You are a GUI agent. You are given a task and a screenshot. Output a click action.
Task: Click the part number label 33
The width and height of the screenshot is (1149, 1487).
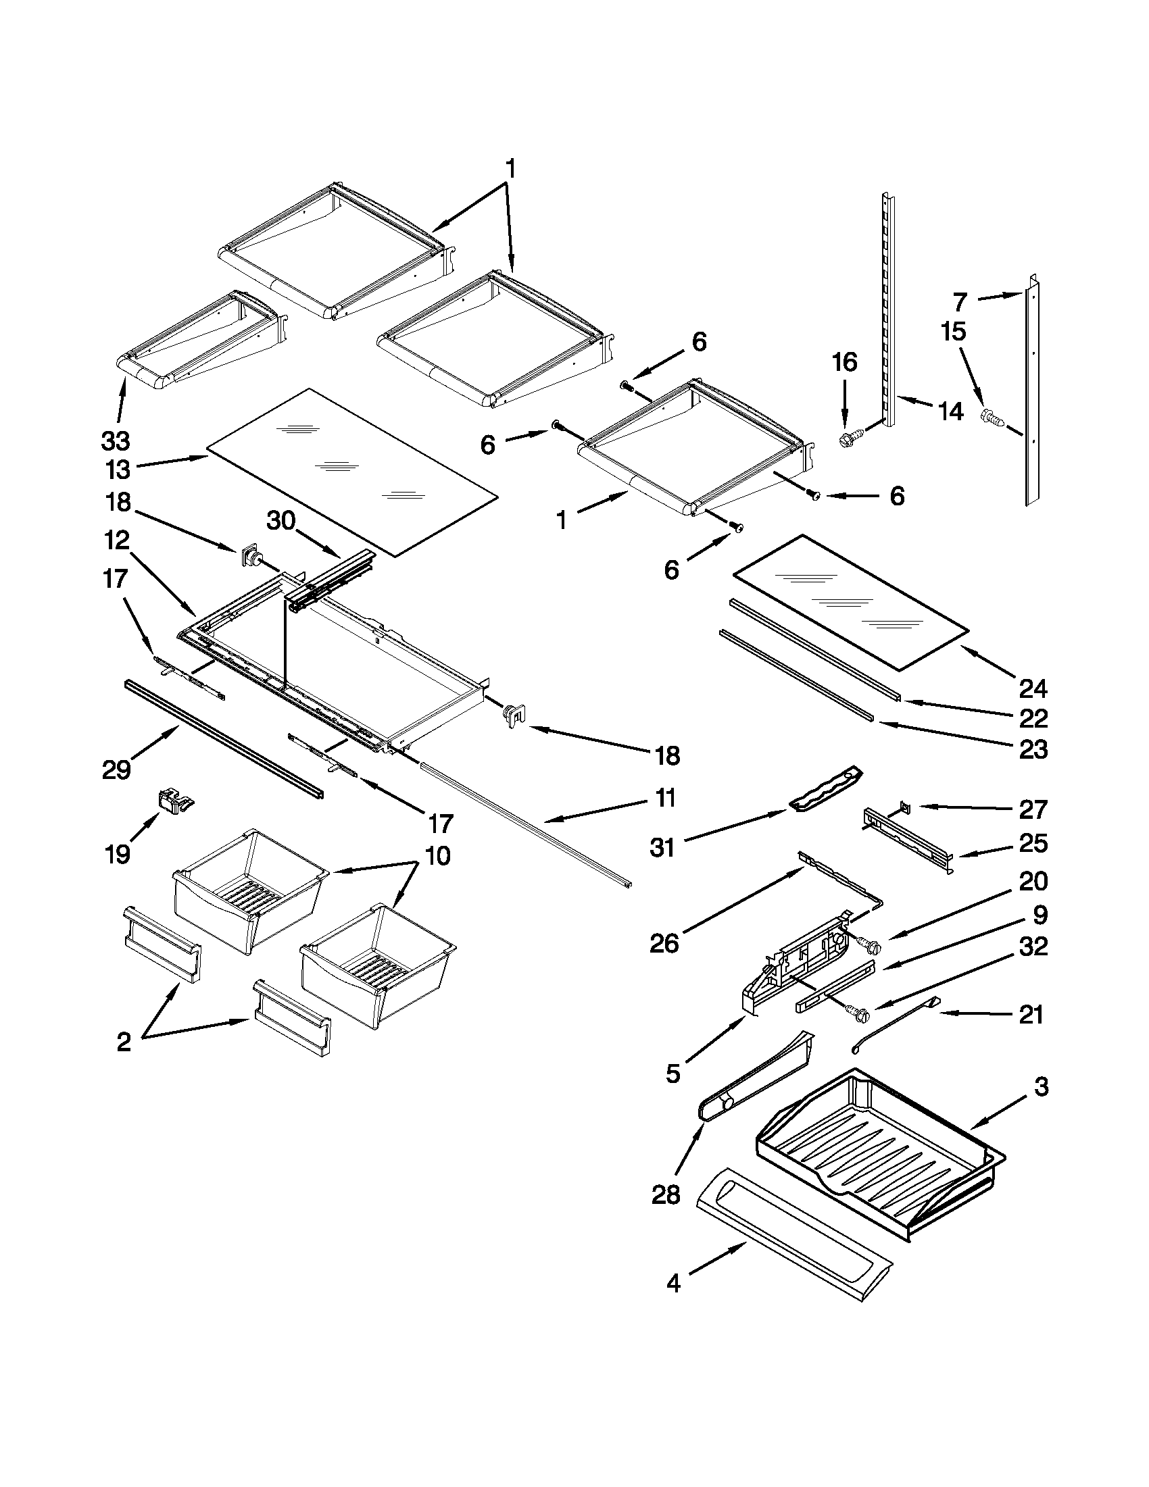click(x=116, y=440)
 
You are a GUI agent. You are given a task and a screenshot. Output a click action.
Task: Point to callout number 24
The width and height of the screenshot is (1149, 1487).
click(x=1033, y=688)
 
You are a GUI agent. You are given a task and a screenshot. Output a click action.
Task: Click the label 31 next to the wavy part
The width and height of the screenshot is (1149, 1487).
click(x=662, y=848)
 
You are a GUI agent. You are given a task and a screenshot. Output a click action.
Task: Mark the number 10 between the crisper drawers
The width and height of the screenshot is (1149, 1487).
click(x=438, y=855)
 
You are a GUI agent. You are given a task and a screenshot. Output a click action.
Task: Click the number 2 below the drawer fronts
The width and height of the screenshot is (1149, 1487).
click(x=124, y=1042)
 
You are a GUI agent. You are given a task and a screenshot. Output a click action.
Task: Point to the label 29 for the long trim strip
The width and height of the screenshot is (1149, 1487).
click(x=116, y=770)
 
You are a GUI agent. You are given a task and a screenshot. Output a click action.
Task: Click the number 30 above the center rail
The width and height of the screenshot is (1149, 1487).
click(x=281, y=522)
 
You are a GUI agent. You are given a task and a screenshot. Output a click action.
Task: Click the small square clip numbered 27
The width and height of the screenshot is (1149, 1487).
click(x=904, y=806)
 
